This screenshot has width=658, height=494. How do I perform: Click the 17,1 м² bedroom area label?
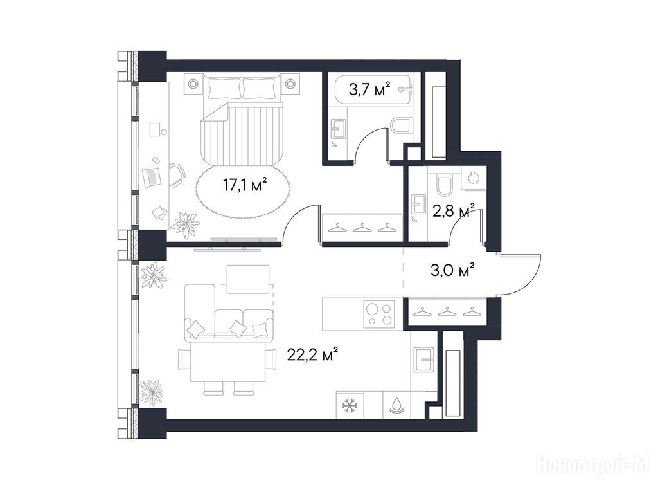245,185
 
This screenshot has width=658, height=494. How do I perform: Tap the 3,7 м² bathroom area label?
369,89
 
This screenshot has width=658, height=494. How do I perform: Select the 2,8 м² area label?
454,211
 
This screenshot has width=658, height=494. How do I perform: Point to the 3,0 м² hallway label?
452,270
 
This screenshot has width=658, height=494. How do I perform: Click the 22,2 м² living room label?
313,354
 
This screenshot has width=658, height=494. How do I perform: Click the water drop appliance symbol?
396,406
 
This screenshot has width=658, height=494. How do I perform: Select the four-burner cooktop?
379,315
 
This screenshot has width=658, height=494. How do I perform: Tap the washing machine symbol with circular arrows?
474,178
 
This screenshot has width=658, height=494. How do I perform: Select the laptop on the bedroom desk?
152,178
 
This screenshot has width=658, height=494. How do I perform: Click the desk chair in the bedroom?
177,174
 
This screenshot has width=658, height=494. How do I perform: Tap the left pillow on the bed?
224,87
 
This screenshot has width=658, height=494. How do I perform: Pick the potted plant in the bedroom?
185,225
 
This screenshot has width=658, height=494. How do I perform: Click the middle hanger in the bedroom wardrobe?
361,228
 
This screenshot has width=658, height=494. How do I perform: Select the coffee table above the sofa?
248,279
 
